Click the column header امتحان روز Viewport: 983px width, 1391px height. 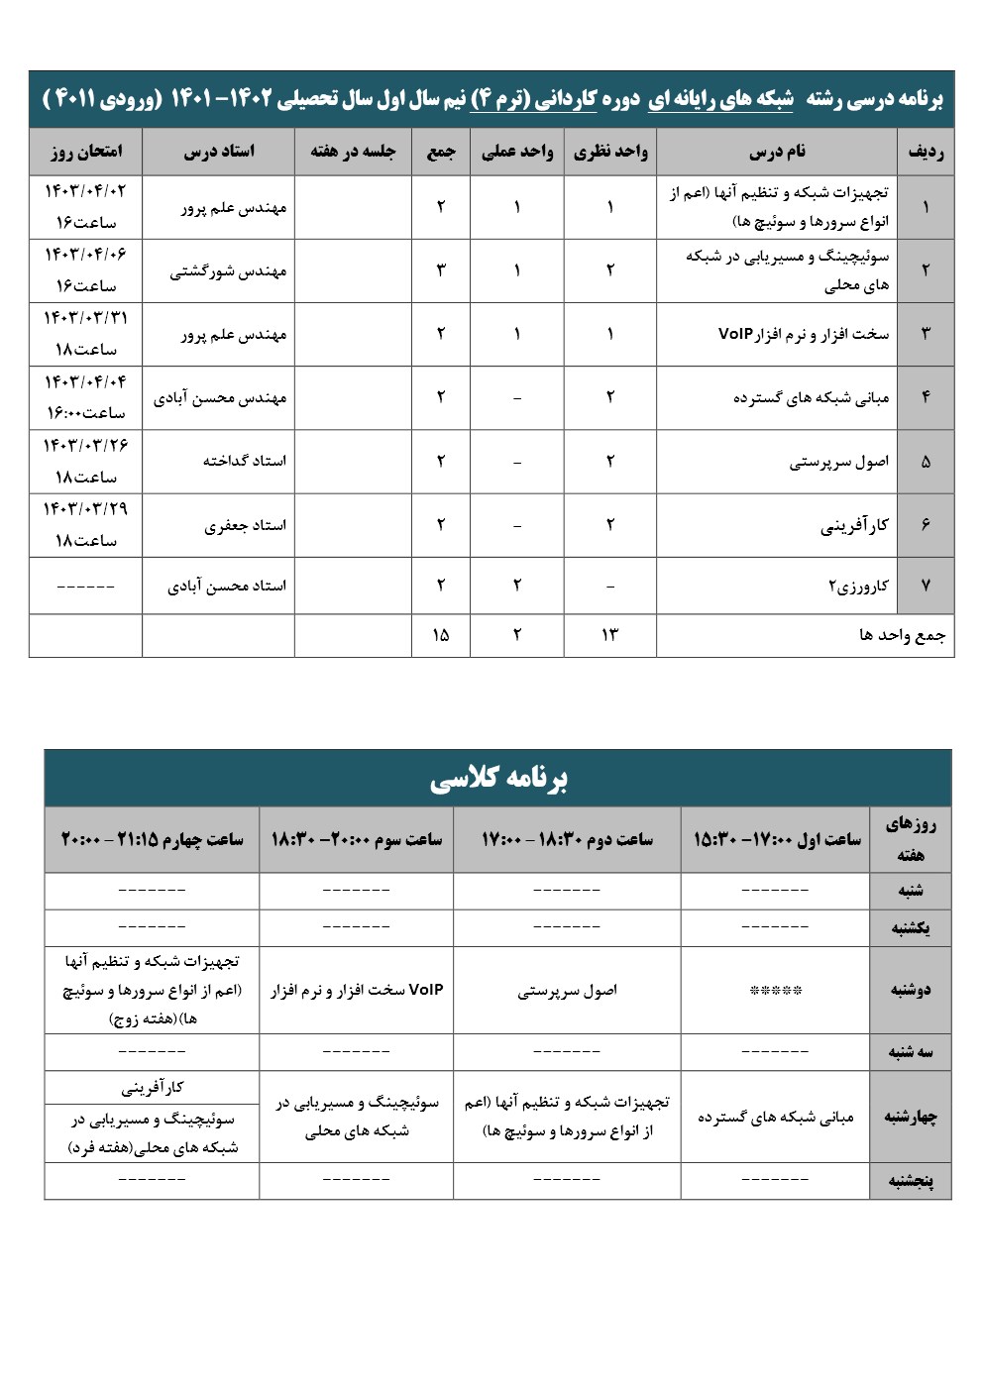pyautogui.click(x=85, y=152)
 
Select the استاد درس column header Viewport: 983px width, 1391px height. pyautogui.click(x=219, y=152)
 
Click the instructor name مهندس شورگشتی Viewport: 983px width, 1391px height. pyautogui.click(x=228, y=270)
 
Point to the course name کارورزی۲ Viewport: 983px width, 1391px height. pyautogui.click(x=858, y=586)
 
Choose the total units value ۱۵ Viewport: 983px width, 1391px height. pyautogui.click(x=441, y=635)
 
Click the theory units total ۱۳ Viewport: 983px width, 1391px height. pyautogui.click(x=609, y=635)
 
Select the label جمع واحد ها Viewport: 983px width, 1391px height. pyautogui.click(x=902, y=635)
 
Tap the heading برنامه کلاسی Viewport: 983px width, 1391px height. pyautogui.click(x=498, y=779)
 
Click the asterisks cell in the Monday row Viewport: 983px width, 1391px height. pyautogui.click(x=775, y=990)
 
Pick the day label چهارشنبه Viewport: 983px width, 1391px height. pyautogui.click(x=910, y=1117)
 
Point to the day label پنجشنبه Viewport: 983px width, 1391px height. pyautogui.click(x=910, y=1180)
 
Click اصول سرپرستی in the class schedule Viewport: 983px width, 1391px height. pyautogui.click(x=567, y=991)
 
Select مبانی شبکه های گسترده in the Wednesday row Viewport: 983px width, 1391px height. pyautogui.click(x=775, y=1117)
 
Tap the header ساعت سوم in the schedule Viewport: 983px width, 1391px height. pyautogui.click(x=357, y=839)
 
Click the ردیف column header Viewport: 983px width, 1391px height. pyautogui.click(x=925, y=152)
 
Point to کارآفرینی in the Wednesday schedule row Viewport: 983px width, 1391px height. pyautogui.click(x=153, y=1088)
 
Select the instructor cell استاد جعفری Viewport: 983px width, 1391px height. pyautogui.click(x=245, y=525)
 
